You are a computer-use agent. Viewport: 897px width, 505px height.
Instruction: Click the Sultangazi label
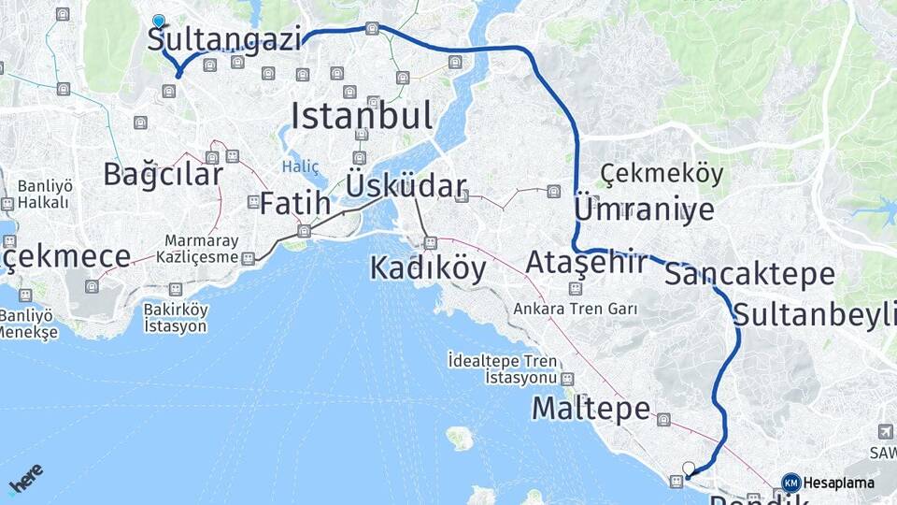[x=225, y=40]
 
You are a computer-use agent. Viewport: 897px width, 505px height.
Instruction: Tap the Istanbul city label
[x=362, y=117]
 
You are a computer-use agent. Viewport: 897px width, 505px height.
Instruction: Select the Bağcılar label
[x=164, y=174]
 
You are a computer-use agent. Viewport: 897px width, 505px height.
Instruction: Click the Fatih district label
[x=294, y=203]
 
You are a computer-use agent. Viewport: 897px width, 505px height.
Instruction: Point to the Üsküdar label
[x=406, y=185]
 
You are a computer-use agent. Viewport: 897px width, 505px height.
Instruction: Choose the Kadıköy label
[x=428, y=268]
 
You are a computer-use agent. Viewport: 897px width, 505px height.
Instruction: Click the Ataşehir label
[x=586, y=263]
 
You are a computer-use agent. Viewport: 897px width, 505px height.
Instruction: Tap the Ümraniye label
[x=644, y=209]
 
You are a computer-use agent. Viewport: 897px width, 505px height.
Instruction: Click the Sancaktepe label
[x=750, y=274]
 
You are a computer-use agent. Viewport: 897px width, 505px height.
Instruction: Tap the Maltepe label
[x=591, y=409]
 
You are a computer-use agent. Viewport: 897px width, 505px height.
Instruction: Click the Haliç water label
[x=300, y=166]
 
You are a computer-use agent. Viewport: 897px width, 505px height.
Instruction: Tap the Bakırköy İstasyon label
[x=176, y=318]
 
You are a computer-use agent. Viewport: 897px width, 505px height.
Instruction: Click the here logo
[x=26, y=479]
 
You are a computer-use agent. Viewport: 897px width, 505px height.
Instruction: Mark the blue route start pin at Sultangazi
[x=159, y=21]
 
